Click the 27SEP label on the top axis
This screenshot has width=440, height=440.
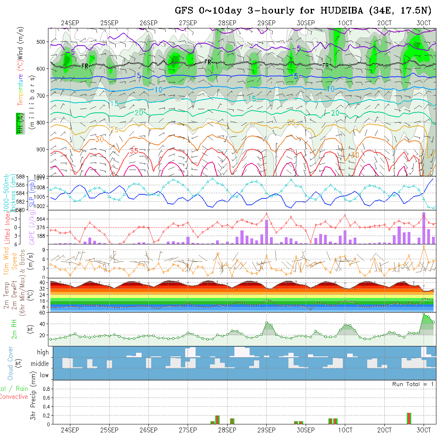click(x=188, y=23)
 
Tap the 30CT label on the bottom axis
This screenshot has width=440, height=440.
click(x=424, y=430)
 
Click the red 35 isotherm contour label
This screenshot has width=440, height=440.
click(x=134, y=151)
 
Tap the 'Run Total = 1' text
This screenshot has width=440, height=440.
click(x=413, y=384)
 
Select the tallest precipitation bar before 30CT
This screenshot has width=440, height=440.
click(x=409, y=418)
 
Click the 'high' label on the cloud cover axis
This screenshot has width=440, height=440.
click(x=43, y=352)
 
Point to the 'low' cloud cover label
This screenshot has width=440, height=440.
click(x=44, y=375)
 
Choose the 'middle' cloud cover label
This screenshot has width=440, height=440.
click(x=40, y=364)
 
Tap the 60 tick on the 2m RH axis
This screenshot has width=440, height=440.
click(x=42, y=313)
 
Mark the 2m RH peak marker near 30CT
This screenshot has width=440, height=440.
click(x=424, y=315)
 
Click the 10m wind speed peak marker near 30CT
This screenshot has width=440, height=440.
click(x=424, y=246)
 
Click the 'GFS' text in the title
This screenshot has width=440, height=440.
click(x=185, y=11)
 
